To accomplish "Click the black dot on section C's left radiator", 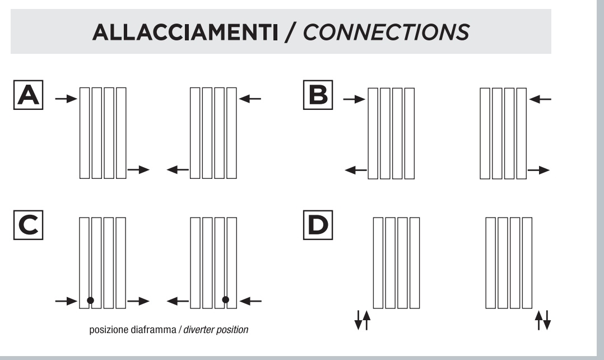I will point(90,301).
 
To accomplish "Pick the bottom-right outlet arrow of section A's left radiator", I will point(139,169).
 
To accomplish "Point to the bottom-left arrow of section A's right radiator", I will point(178,169).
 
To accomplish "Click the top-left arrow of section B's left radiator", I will point(354,99).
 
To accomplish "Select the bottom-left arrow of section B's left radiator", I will point(356,169).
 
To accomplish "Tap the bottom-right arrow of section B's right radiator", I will point(540,169).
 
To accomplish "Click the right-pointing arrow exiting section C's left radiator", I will point(138,301).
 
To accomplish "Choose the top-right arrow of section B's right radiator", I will point(541,99).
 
